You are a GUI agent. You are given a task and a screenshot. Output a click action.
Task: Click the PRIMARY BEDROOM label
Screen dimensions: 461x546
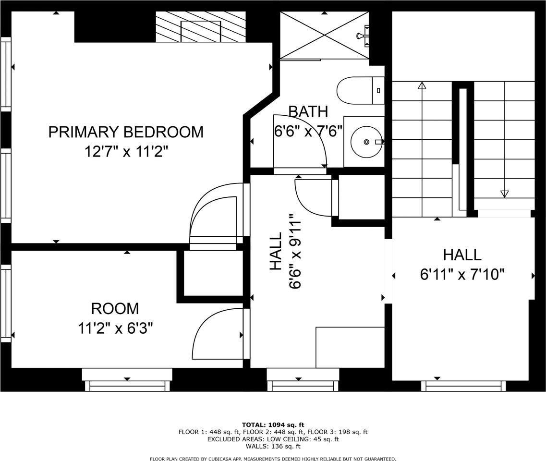[x=126, y=132]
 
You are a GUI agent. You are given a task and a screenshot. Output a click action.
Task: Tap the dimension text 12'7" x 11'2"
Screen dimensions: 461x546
[x=126, y=152]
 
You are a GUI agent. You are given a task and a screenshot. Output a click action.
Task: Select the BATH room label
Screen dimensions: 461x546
[x=308, y=111]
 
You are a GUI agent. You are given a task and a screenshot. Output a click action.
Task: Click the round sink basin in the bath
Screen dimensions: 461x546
[x=366, y=142]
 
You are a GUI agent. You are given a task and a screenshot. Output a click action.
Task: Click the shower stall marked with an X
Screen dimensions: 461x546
[x=324, y=35]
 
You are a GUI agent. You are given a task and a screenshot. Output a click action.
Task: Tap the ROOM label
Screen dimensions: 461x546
[x=115, y=308]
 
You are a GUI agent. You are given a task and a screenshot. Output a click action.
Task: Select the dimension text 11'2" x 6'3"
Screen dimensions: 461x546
[x=115, y=328]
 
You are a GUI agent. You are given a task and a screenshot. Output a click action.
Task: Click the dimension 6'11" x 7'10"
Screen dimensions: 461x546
[x=462, y=275]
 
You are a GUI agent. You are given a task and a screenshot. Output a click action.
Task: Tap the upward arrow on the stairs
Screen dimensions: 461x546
[x=422, y=86]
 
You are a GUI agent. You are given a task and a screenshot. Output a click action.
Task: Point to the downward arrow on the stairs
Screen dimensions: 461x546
[x=504, y=194]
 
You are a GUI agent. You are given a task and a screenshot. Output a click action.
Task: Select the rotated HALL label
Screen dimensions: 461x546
[x=276, y=252]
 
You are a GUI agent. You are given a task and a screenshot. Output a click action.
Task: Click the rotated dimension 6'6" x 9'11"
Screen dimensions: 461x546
[x=295, y=252]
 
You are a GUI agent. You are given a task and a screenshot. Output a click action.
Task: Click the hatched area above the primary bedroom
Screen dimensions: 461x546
[x=201, y=27]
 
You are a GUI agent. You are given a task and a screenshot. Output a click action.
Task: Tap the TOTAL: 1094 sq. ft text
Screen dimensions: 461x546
[x=273, y=425]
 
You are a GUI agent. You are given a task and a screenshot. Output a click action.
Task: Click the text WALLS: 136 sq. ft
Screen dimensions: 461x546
[x=273, y=446]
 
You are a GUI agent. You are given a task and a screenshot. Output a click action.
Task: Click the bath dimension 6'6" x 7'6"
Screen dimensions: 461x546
[x=308, y=132]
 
